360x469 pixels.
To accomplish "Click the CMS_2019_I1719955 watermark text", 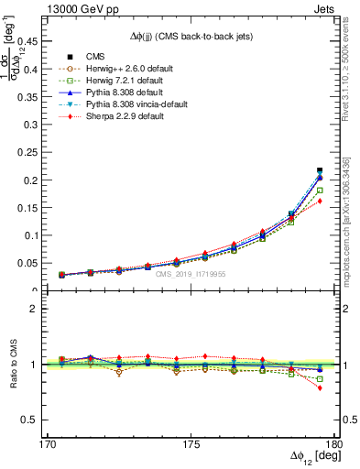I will point(191,274).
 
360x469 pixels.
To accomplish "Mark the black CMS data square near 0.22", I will point(320,170).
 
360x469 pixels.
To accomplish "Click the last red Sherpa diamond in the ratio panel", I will point(320,387).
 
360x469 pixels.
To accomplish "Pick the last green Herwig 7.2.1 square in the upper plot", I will point(320,191).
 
